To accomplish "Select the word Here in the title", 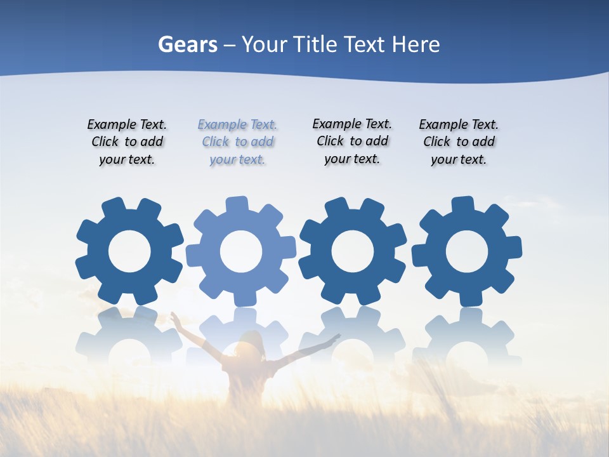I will click(416, 45).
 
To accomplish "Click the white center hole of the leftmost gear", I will click(129, 251).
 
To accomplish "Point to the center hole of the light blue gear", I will click(241, 251).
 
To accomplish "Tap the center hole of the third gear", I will click(352, 251).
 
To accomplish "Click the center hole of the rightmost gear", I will click(467, 251).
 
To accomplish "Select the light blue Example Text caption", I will click(237, 142).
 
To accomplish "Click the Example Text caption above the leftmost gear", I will click(127, 142).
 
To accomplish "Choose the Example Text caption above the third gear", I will click(352, 142).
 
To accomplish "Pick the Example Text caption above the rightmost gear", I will click(459, 142).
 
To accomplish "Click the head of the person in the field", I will click(250, 343).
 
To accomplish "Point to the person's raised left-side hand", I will click(173, 315).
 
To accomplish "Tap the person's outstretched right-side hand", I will click(336, 337).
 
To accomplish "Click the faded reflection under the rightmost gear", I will click(467, 336).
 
